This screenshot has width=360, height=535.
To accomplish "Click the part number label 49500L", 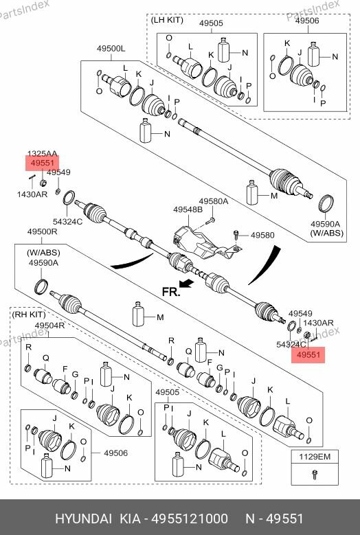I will click(111, 49).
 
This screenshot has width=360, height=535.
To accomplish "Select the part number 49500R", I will click(42, 233).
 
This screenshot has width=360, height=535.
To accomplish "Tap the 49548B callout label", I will click(187, 209).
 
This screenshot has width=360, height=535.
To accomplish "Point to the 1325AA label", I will click(42, 154).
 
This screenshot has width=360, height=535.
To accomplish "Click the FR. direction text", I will click(170, 292).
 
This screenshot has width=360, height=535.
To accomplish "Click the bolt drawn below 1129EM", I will click(314, 473).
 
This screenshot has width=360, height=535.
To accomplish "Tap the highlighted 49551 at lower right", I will click(308, 354).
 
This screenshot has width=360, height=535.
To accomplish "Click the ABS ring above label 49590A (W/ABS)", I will click(328, 203).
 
